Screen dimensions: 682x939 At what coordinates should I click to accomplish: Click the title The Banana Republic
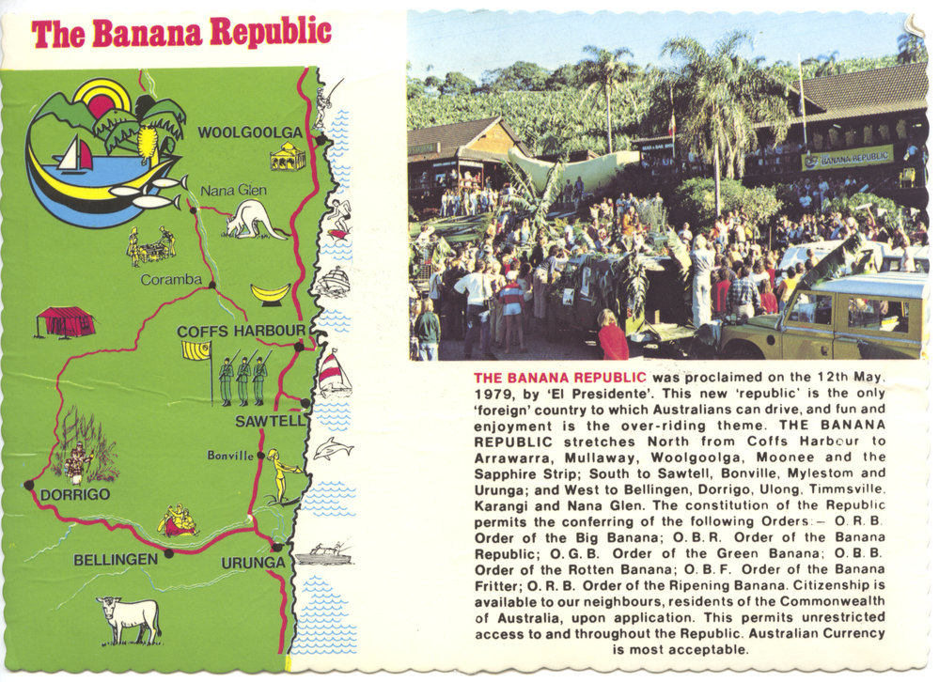point(181,33)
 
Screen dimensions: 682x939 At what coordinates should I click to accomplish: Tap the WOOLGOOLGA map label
point(250,132)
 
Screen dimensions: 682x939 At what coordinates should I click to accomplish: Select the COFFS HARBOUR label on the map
point(241,331)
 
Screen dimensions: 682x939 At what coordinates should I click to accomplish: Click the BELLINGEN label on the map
point(116,560)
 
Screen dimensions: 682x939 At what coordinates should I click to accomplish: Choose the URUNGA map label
point(253,563)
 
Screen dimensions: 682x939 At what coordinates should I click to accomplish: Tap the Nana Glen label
point(233,191)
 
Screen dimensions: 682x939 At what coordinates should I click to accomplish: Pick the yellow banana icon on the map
point(271,293)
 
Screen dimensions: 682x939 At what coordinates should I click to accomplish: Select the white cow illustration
point(128,618)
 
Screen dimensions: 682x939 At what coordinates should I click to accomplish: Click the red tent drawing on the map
point(65,321)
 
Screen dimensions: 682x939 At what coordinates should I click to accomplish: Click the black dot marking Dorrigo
point(28,485)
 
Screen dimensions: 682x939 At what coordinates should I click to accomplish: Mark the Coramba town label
point(171,279)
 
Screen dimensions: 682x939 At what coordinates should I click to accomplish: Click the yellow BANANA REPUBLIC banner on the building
point(847,158)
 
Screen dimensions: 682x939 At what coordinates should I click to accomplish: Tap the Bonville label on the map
point(230,456)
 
